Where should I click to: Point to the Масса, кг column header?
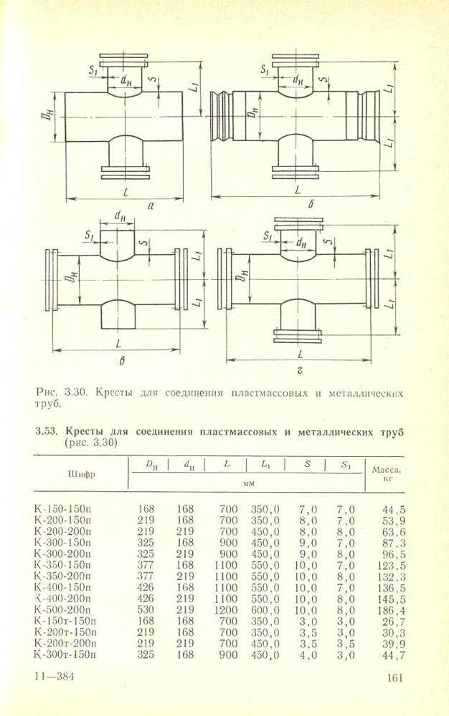pos(385,475)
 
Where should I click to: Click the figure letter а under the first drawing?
pos(151,205)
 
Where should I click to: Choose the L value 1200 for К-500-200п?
pos(225,610)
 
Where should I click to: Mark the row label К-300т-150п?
pos(67,654)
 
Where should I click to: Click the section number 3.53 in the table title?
pos(46,432)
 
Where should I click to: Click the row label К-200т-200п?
pos(67,643)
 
